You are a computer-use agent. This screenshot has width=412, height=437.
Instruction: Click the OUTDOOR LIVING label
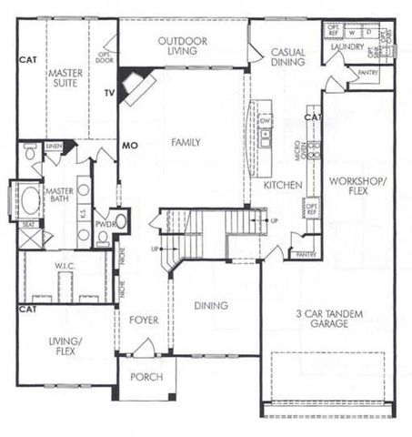tap(183, 46)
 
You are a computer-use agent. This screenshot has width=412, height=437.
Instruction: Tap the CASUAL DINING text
tap(288, 58)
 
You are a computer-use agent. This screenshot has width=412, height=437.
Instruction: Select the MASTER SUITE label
tap(65, 77)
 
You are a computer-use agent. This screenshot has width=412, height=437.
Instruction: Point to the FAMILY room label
tap(185, 142)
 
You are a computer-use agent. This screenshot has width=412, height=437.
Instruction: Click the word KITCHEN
tap(282, 185)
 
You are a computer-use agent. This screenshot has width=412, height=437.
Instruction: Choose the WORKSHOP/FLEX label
tap(357, 187)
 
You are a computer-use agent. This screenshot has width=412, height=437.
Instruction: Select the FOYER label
tap(144, 320)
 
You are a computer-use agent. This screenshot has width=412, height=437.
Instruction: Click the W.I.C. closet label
tap(64, 266)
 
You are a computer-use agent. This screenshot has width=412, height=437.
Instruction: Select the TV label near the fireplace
tap(108, 93)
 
